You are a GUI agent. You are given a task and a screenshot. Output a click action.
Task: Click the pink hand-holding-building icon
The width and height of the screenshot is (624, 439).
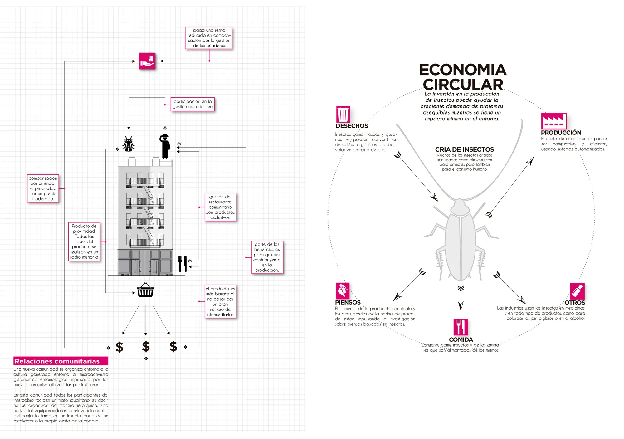[147, 61]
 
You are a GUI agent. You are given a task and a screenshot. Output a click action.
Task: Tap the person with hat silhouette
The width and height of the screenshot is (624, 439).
[165, 146]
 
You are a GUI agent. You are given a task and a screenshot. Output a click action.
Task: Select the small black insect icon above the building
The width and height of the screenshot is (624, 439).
[129, 144]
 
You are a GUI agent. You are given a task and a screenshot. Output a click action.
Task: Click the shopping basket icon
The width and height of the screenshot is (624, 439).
[145, 290]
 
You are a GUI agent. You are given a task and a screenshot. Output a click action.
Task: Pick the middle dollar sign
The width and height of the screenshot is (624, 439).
[146, 346]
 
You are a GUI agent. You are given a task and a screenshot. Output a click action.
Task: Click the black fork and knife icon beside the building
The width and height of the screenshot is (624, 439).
[183, 264]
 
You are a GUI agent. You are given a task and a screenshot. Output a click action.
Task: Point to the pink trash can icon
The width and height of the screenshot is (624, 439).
[343, 114]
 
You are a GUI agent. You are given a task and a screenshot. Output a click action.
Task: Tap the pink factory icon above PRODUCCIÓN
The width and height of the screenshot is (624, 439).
[554, 121]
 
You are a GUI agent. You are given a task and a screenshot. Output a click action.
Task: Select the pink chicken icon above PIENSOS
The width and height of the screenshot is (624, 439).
[343, 291]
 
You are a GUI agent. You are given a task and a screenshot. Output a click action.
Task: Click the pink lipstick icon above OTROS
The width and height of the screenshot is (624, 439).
[577, 291]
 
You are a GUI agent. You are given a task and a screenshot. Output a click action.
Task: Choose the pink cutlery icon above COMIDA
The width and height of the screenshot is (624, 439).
[461, 327]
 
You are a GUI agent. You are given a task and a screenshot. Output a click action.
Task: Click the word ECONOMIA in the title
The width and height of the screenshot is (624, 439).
[463, 70]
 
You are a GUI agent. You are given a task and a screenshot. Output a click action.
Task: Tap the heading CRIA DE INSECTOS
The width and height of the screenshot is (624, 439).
[465, 149]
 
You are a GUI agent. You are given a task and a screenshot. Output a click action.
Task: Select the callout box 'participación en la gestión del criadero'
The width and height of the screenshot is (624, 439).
[193, 104]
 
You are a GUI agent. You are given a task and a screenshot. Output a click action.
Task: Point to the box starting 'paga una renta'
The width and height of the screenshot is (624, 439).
[209, 38]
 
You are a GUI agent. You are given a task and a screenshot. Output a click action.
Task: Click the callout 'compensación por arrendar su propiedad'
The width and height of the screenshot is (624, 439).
[43, 188]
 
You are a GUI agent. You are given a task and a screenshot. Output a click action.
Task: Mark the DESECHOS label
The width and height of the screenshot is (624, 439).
[352, 126]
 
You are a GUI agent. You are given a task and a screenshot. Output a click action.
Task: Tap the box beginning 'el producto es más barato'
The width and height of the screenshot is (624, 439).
[220, 301]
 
